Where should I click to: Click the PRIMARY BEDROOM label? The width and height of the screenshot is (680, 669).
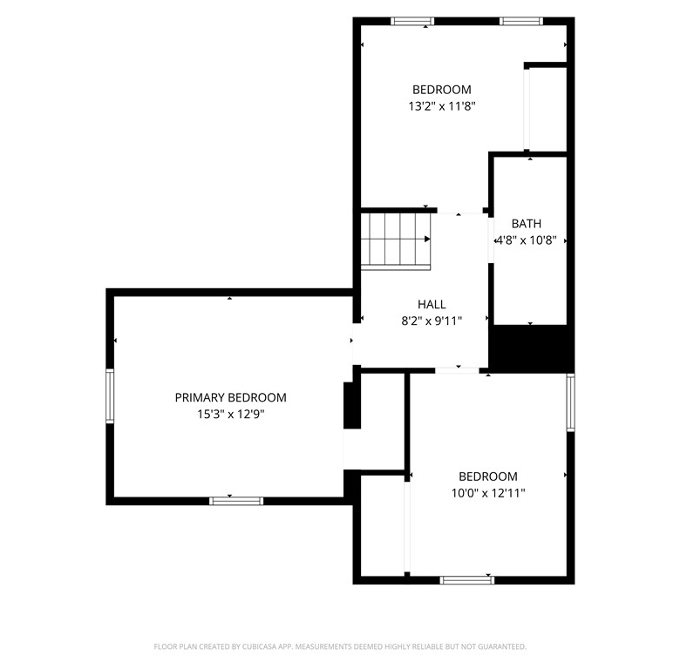point(230,397)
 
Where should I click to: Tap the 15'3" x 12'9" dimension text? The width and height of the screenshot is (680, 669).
point(231,415)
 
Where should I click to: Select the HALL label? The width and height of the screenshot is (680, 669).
point(432,304)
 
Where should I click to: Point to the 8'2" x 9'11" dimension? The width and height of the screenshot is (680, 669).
point(432,321)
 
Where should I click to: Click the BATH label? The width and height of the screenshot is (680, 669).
point(526,224)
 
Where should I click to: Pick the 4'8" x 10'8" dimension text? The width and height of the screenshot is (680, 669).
point(526,240)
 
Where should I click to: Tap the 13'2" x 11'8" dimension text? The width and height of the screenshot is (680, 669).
point(442,106)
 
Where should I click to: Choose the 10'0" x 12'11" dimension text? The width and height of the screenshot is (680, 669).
point(488,493)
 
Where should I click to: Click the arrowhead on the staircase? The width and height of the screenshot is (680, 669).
point(427,240)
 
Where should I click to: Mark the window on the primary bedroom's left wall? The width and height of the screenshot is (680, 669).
point(110,396)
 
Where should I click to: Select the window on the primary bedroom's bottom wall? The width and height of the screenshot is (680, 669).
point(236,502)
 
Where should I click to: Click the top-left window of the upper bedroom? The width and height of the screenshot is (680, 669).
point(412,21)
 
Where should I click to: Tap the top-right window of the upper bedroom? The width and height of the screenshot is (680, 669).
point(520,21)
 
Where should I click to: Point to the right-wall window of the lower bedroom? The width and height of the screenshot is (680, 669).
point(571,402)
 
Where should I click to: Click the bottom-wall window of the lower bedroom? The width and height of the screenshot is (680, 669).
point(467,580)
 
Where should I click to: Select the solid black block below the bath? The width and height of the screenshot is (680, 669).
point(532,348)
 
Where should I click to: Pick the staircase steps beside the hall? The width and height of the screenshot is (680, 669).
point(396,241)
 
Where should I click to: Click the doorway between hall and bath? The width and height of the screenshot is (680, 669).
point(491,240)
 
